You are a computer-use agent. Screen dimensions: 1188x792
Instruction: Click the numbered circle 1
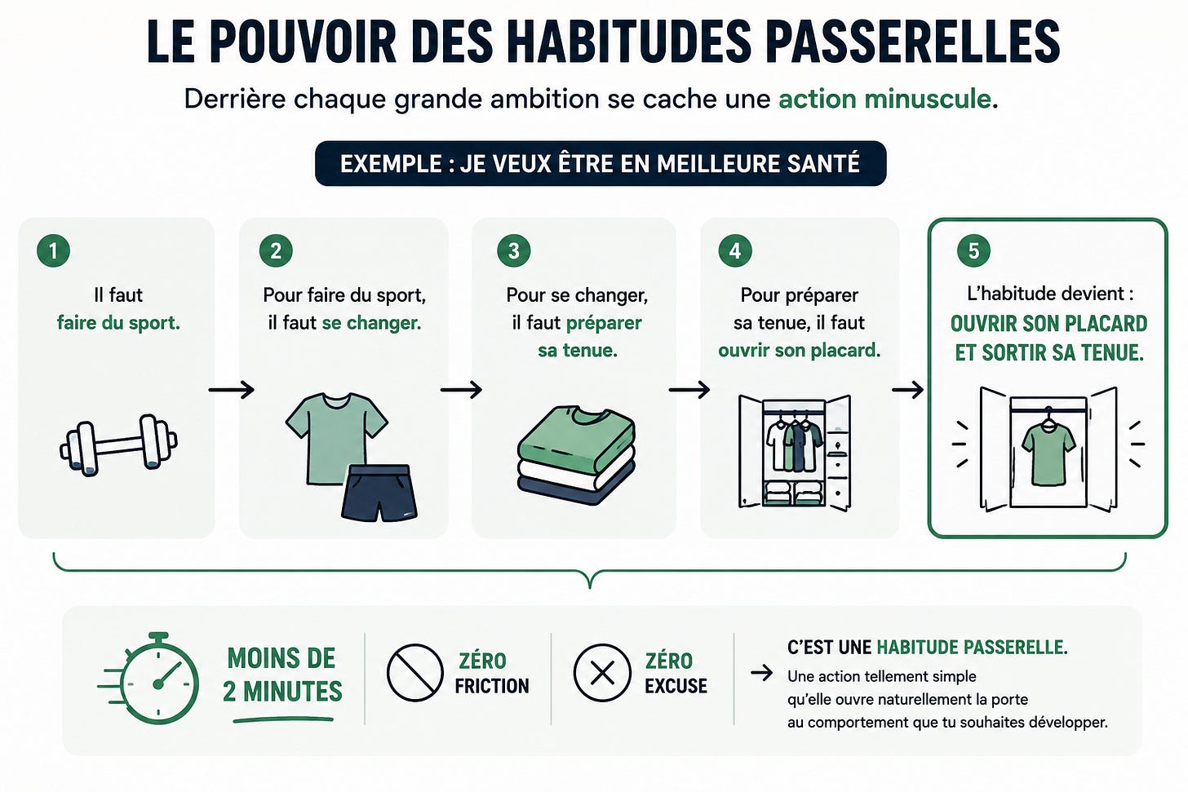click(x=53, y=250)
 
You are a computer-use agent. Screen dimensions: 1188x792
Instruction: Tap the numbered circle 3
click(x=513, y=250)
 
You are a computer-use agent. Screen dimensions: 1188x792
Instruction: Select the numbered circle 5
click(x=973, y=250)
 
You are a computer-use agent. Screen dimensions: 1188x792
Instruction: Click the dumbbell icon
click(x=118, y=445)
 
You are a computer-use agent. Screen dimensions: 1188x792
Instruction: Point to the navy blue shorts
click(x=379, y=493)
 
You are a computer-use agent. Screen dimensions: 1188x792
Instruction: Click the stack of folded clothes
click(x=576, y=455)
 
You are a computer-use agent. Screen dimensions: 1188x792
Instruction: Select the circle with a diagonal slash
click(x=414, y=672)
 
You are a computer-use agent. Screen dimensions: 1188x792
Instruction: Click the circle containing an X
click(x=602, y=673)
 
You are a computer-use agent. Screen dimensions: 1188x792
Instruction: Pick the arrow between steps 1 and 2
click(x=231, y=390)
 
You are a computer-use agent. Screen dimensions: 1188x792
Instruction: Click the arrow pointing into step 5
click(x=907, y=390)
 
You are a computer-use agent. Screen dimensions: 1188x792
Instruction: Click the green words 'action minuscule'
click(x=884, y=100)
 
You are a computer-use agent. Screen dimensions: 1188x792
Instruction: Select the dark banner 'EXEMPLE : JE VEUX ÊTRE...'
click(x=601, y=163)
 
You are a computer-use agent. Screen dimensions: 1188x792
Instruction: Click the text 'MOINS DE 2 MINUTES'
click(x=282, y=675)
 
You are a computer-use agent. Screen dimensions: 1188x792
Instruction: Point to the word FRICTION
click(x=492, y=686)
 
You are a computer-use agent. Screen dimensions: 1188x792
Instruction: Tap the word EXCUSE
click(x=676, y=686)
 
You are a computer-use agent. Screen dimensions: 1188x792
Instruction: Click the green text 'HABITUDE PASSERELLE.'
click(x=972, y=648)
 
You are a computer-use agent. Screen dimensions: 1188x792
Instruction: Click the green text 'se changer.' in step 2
click(x=372, y=323)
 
